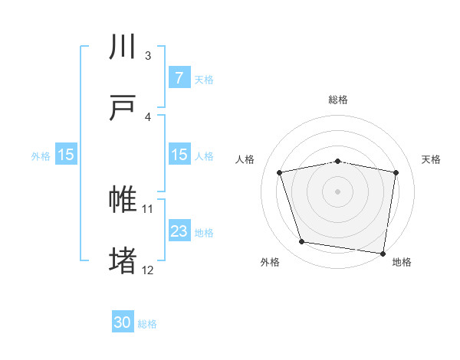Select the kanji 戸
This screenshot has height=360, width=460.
123,108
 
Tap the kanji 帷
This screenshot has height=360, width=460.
123,200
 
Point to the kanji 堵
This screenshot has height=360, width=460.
123,260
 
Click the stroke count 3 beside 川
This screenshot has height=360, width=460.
148,56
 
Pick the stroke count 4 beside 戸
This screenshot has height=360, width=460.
148,116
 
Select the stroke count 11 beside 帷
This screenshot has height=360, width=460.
148,208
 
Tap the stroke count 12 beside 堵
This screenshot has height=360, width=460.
148,270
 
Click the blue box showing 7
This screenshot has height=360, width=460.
179,78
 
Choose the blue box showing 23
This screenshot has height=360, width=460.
179,231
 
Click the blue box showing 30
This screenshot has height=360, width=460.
123,323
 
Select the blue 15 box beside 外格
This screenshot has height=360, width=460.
66,155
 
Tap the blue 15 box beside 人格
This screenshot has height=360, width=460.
179,155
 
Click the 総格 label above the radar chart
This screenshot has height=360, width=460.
338,100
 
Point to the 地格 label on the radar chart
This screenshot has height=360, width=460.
402,263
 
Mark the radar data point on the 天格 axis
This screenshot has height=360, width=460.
396,172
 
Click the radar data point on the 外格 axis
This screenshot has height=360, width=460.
302,242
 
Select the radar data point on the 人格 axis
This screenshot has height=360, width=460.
280,172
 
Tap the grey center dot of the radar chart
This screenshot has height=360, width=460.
338,191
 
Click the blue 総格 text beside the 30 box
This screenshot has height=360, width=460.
147,324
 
